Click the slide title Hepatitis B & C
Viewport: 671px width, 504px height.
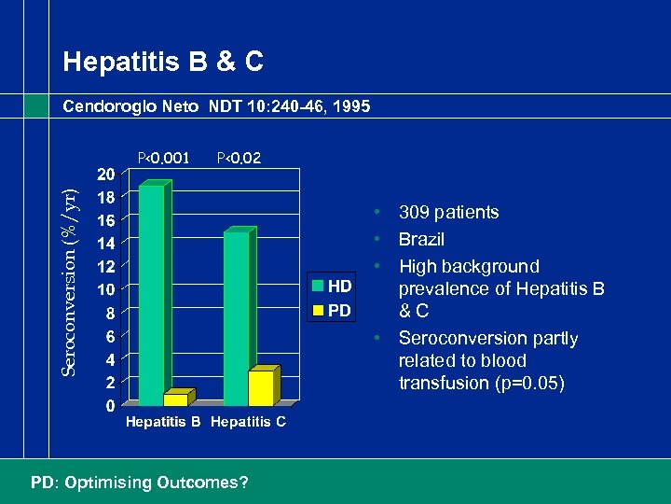[x=163, y=63]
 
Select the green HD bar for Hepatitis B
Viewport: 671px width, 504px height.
[x=151, y=294]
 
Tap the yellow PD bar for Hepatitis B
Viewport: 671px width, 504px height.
[x=176, y=399]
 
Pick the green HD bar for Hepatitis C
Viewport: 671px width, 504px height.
[x=237, y=317]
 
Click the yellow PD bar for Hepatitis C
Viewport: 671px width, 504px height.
[x=262, y=387]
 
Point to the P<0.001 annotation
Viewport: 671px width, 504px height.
[x=163, y=158]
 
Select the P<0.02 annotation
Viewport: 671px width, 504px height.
[x=239, y=158]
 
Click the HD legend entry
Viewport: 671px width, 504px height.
[x=332, y=286]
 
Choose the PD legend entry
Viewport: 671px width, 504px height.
[x=332, y=309]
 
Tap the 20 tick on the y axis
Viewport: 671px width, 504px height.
[x=107, y=175]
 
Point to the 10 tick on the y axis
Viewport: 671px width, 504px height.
[x=107, y=289]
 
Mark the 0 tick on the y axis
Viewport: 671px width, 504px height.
[x=111, y=406]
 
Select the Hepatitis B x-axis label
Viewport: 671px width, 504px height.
[x=163, y=423]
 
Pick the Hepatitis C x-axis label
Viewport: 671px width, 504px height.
[x=248, y=423]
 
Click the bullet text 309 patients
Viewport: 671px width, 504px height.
[x=448, y=213]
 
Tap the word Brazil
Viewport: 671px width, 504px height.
[x=421, y=240]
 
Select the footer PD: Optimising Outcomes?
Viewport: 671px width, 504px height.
[x=140, y=483]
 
